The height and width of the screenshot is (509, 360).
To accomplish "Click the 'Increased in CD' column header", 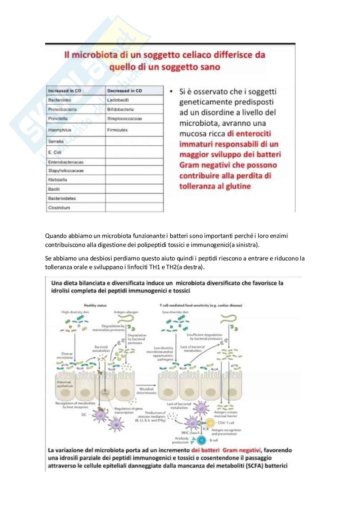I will click(x=65, y=91).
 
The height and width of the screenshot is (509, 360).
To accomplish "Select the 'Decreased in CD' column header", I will click(x=125, y=91).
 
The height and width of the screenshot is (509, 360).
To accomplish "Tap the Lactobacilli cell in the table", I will click(x=118, y=100).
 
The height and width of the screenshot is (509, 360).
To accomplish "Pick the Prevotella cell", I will click(x=58, y=119).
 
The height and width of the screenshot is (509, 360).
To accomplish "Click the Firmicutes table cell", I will click(x=117, y=130).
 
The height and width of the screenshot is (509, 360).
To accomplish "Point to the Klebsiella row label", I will click(x=58, y=180).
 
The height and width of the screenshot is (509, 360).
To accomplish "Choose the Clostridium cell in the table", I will click(x=59, y=208).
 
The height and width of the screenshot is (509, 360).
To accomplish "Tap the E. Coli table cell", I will click(x=55, y=152).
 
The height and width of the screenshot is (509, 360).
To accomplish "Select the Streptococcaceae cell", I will click(x=125, y=119).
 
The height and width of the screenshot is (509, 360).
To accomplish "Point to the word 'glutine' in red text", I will click(x=237, y=186).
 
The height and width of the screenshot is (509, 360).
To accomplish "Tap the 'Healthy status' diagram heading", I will click(x=95, y=305).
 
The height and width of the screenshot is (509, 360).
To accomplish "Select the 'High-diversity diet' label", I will click(x=75, y=312).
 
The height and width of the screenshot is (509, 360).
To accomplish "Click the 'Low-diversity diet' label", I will click(x=175, y=312).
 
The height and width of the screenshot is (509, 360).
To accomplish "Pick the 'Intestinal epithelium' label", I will click(x=65, y=384).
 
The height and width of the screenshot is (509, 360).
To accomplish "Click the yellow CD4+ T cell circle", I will click(x=210, y=423).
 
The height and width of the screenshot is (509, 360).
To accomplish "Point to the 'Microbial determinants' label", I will click(x=146, y=391).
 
